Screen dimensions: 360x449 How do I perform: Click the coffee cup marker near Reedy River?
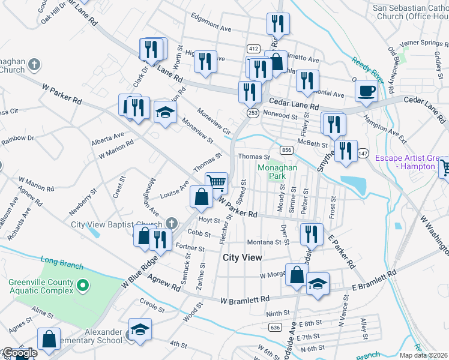(x=366, y=91)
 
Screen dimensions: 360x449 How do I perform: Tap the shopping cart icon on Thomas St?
(x=216, y=181)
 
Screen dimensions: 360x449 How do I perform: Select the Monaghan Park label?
(x=277, y=173)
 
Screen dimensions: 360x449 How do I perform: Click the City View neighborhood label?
(x=243, y=257)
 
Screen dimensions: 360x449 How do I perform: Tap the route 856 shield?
(x=286, y=150)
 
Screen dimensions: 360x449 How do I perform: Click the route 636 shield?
(x=276, y=327)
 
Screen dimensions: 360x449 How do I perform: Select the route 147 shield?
(x=362, y=154)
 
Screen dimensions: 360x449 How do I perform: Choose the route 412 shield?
(x=253, y=49)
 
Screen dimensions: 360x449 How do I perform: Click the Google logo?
(x=20, y=353)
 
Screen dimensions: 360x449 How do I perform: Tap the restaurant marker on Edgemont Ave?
(x=278, y=24)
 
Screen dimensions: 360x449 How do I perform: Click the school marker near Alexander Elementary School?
(x=140, y=329)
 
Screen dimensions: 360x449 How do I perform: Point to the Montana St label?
(x=265, y=242)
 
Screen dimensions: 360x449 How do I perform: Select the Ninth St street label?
(x=277, y=313)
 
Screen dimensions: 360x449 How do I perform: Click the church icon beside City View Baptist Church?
(x=172, y=224)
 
